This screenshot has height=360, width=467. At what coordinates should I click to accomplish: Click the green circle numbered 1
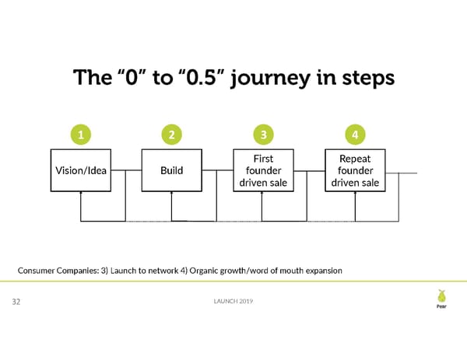coord(81,135)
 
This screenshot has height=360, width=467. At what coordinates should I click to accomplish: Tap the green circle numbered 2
coord(171,135)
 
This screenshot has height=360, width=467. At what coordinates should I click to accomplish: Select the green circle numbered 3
coord(263,135)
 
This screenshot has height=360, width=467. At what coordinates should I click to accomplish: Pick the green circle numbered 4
coord(355,135)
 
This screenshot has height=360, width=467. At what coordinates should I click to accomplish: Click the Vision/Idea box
coord(81,170)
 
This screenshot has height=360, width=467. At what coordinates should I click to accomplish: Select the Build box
coord(171,170)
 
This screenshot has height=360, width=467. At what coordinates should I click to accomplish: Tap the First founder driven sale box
coord(263,170)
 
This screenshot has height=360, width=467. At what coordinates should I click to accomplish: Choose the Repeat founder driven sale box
coord(355,170)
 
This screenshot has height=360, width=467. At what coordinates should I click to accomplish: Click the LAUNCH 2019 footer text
coord(233,302)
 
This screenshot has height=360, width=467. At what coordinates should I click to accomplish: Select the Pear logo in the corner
coord(441,299)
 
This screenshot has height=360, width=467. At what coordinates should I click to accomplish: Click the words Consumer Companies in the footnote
coord(58,270)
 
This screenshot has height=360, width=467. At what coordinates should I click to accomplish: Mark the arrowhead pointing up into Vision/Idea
coord(81,194)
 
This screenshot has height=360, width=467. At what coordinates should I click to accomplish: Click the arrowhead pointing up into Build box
coord(171,194)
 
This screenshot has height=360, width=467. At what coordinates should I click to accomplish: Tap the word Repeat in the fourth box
coord(355,158)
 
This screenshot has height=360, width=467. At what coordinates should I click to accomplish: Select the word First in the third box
coord(263,158)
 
